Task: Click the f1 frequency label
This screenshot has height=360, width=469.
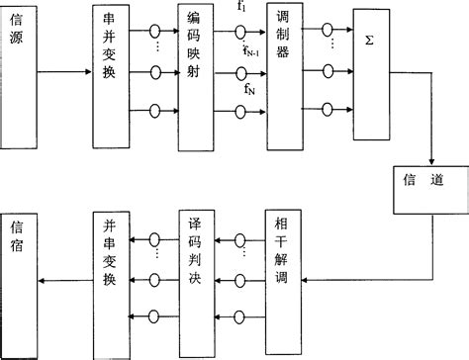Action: [x=243, y=9]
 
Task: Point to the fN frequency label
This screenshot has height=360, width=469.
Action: [x=249, y=89]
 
